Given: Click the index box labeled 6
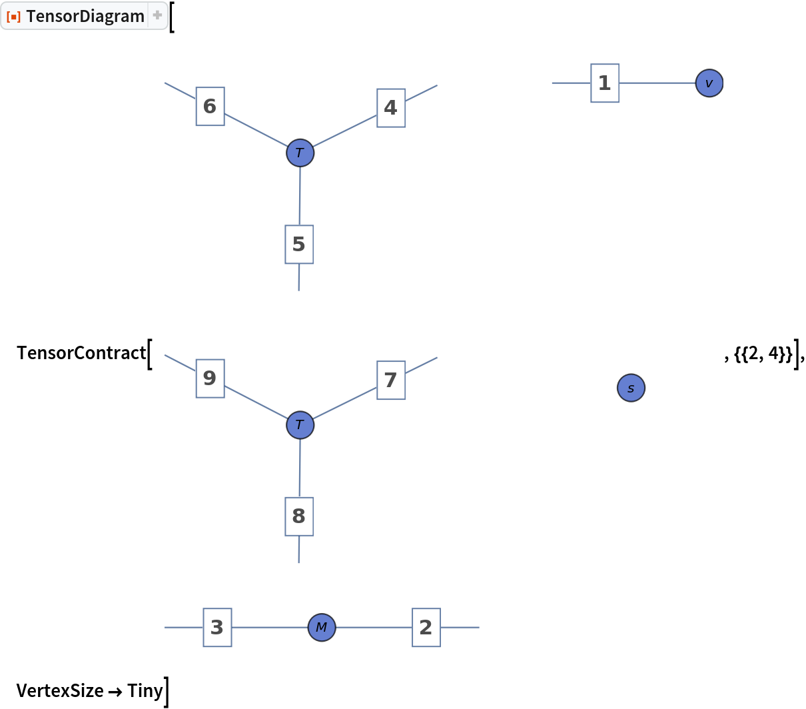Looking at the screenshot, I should tap(210, 106).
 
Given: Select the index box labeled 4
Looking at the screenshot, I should tap(391, 107).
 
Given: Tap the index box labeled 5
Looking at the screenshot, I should tap(299, 244).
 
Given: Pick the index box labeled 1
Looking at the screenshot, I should tap(605, 83).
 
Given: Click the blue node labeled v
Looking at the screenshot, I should tap(709, 83).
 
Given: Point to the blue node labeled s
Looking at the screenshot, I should tap(631, 388).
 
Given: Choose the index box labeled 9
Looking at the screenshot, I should tap(210, 378).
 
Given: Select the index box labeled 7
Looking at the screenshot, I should tap(391, 380).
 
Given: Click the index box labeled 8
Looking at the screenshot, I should tap(299, 516).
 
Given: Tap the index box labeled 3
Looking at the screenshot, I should tap(217, 627).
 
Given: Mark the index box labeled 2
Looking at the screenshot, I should tap(426, 627).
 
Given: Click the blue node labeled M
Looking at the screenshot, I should tap(322, 627).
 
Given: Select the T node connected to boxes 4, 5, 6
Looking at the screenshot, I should tap(300, 153).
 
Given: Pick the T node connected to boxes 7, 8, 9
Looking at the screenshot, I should tap(300, 424).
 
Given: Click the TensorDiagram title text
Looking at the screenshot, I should tap(85, 16).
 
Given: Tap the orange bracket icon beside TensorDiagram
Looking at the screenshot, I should tap(13, 16).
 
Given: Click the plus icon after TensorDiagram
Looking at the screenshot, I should tap(157, 15).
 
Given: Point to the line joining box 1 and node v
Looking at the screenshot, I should tap(657, 83).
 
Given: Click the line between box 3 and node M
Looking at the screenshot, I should tap(270, 627).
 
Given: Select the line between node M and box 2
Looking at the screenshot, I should tap(373, 627).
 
